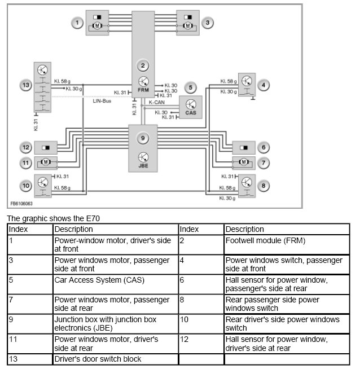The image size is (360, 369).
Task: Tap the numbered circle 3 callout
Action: point(208,23)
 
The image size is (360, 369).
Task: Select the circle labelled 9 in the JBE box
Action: point(144,138)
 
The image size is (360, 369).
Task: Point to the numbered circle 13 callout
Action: point(25,85)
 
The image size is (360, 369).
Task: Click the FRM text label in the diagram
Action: point(144,90)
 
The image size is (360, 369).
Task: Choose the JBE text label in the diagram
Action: point(144,166)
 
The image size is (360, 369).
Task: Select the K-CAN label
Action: point(157,102)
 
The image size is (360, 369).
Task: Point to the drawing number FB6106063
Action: point(21,203)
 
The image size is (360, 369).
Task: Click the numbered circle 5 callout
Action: point(191,87)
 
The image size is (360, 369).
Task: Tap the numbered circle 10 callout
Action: point(25,185)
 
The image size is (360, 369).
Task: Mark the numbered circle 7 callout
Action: point(264,162)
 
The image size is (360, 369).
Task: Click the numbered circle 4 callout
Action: point(264,85)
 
